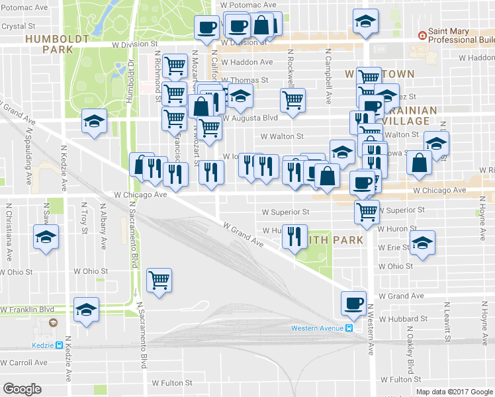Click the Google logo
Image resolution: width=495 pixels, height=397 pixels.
click(x=22, y=389)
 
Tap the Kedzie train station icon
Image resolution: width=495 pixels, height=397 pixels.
click(x=59, y=345)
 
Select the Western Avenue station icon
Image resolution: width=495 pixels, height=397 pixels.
click(x=349, y=328)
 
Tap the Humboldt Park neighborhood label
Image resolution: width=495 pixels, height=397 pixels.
click(x=57, y=44)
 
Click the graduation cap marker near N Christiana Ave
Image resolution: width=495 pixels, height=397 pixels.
click(x=44, y=237)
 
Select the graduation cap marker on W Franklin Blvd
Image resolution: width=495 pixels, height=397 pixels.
click(x=85, y=310)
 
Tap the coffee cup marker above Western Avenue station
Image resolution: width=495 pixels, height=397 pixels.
click(x=353, y=303)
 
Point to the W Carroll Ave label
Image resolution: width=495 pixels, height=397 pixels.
click(x=24, y=363)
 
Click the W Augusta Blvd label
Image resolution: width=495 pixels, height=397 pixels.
click(x=249, y=118)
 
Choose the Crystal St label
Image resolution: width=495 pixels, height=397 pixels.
click(x=18, y=27)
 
